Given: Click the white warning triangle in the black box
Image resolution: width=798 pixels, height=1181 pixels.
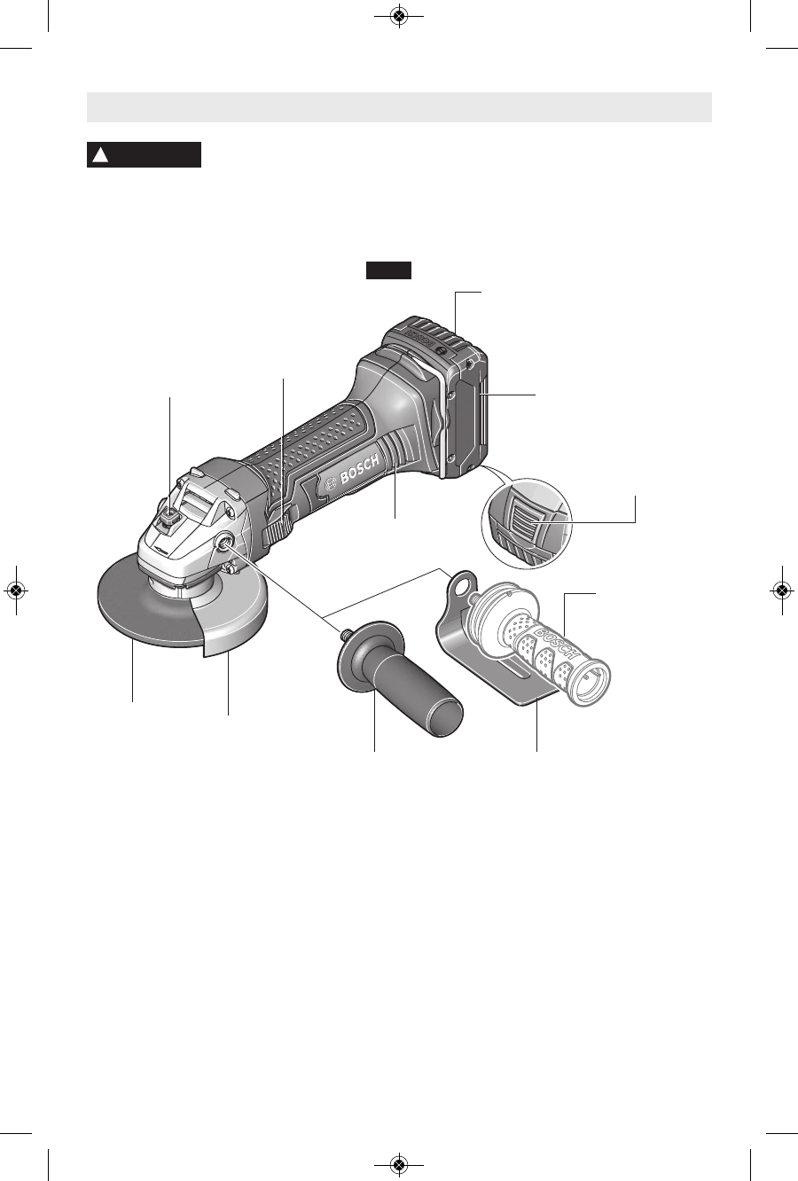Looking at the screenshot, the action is [x=100, y=155].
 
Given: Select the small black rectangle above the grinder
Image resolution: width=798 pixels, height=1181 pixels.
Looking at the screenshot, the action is [x=389, y=270].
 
